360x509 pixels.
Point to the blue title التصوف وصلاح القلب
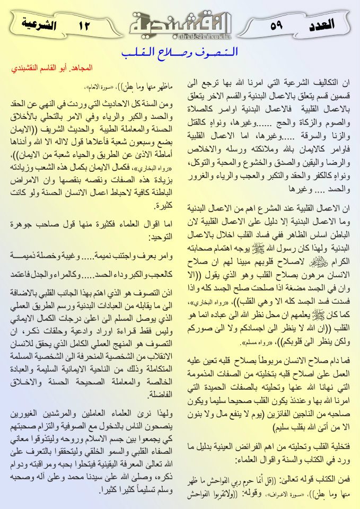point(180,53)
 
